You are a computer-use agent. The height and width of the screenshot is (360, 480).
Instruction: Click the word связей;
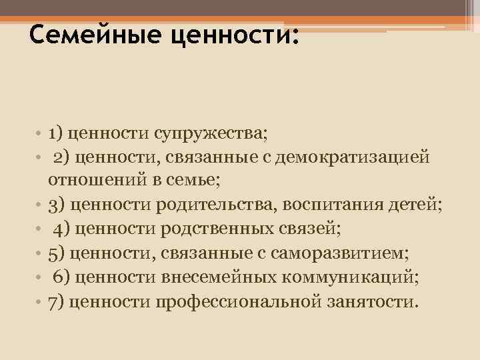tap(316, 229)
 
